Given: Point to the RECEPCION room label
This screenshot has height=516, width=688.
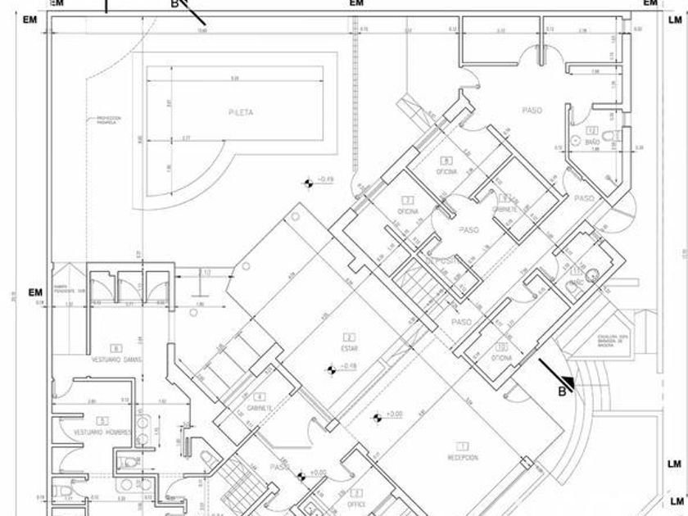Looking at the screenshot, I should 463,457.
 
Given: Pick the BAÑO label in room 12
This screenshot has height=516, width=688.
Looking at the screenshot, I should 593,142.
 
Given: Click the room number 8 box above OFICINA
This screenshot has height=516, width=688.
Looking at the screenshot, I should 446,161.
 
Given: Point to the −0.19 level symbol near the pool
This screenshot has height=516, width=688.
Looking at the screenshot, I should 309,182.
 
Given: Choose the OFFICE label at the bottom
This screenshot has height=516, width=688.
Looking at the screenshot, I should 356,504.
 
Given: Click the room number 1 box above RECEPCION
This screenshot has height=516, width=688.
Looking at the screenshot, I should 463,446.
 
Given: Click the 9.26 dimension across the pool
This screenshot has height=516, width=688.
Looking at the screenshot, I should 234,79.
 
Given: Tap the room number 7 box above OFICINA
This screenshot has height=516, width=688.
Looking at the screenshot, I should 408,200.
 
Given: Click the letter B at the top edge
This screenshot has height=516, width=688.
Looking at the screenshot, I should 174,3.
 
